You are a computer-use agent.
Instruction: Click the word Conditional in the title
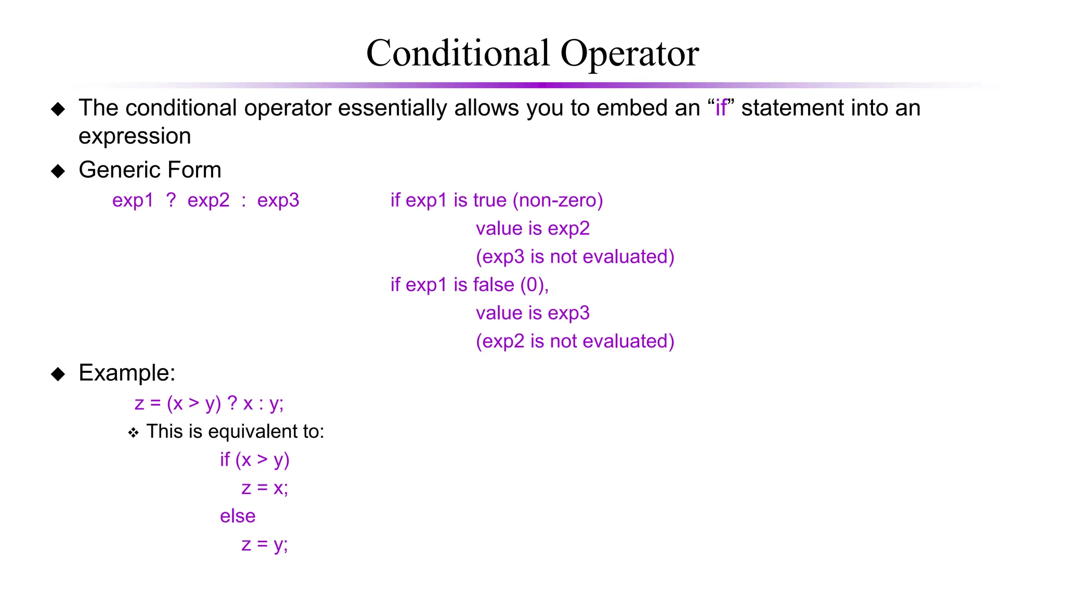[x=458, y=53]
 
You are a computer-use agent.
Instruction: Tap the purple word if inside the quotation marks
[x=721, y=108]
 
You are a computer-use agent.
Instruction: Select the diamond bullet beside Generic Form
[x=58, y=171]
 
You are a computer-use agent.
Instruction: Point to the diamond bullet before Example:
[x=58, y=374]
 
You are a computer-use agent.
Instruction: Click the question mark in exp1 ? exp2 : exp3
[x=171, y=200]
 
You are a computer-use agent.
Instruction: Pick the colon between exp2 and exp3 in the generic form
[x=243, y=201]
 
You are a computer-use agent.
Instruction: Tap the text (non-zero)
[x=557, y=200]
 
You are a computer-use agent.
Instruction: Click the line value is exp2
[x=532, y=228]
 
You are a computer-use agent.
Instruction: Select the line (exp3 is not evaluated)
[x=575, y=257]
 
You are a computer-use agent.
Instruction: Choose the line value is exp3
[x=532, y=313]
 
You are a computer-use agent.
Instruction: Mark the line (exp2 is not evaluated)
[x=575, y=342]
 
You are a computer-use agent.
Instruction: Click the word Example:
[x=127, y=373]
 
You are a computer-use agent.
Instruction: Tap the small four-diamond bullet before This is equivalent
[x=134, y=433]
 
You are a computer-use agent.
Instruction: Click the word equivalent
[x=252, y=432]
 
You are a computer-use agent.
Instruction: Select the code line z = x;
[x=264, y=488]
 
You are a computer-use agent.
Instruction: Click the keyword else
[x=238, y=516]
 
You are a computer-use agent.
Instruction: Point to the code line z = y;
[x=264, y=544]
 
